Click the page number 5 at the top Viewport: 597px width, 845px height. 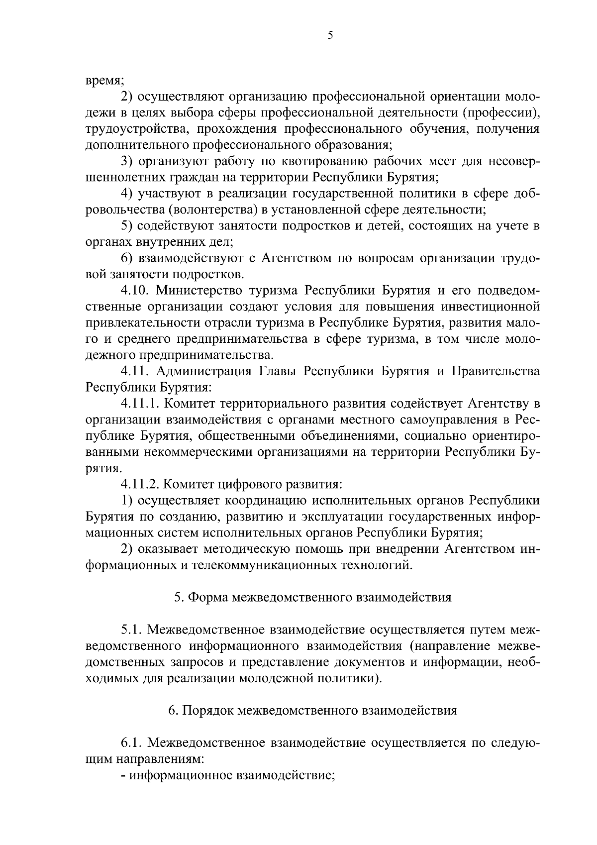click(x=330, y=35)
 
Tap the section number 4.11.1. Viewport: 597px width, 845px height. click(x=140, y=404)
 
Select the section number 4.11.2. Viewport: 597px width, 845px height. click(x=140, y=484)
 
